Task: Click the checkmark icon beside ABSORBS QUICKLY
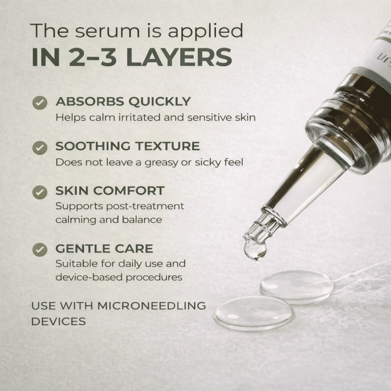(x=40, y=103)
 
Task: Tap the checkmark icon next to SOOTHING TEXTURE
(x=40, y=148)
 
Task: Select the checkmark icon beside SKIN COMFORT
(x=40, y=192)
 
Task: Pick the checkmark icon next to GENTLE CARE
(x=40, y=250)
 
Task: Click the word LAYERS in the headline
(x=179, y=57)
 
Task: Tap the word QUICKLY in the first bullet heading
(x=160, y=102)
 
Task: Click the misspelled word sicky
(x=208, y=163)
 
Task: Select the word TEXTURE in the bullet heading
(x=168, y=146)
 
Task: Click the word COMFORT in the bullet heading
(x=129, y=191)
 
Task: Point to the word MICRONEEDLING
(x=152, y=306)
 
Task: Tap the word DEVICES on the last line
(x=58, y=322)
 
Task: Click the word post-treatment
(x=145, y=207)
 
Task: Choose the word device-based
(x=89, y=277)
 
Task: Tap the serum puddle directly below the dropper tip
(x=297, y=286)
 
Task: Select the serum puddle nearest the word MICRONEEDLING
(x=254, y=313)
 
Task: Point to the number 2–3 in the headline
(x=92, y=57)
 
